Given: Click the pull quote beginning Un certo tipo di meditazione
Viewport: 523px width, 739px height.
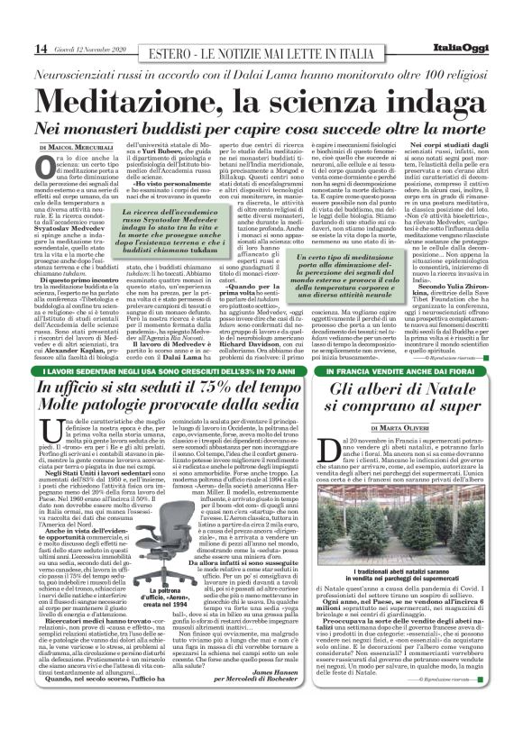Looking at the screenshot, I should [x=343, y=306].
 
